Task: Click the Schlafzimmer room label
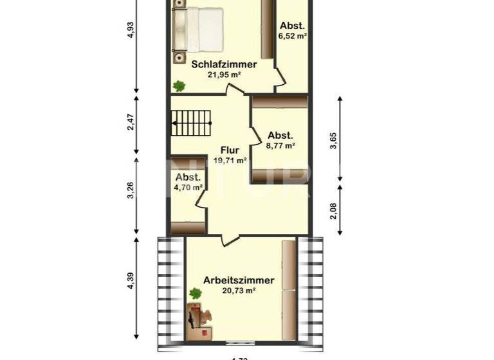224,64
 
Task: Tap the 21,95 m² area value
224,75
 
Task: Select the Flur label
230,150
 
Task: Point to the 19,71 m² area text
230,161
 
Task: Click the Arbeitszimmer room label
239,280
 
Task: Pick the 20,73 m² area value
239,291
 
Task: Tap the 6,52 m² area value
292,36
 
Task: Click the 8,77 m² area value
280,146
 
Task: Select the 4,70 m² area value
188,188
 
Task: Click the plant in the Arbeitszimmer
194,294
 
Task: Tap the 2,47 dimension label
131,122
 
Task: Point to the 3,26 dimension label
131,192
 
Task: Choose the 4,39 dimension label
131,282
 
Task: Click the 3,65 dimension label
333,140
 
